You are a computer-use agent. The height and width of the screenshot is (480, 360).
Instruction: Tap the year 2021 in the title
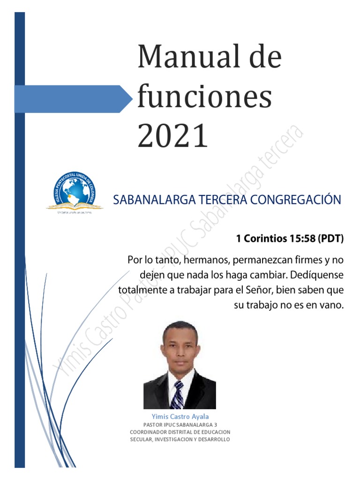(172, 136)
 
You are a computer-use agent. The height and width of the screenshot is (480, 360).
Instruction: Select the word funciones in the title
(204, 97)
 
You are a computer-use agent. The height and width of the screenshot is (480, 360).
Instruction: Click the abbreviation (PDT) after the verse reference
(331, 239)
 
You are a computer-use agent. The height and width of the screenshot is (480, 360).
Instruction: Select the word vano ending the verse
(332, 305)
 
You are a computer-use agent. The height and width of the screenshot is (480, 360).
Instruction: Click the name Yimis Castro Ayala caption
(180, 416)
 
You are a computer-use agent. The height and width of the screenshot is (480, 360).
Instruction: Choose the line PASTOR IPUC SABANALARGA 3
(180, 424)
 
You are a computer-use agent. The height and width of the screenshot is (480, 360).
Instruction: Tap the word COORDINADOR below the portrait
(149, 432)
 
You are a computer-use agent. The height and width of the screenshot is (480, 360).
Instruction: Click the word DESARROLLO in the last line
(213, 439)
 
